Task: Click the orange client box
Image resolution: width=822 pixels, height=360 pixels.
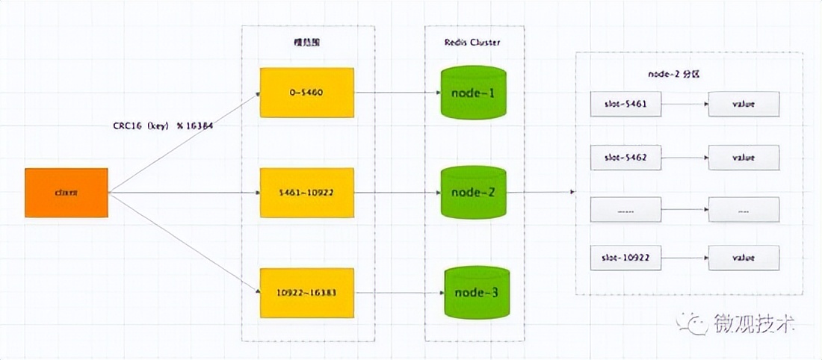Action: (67, 193)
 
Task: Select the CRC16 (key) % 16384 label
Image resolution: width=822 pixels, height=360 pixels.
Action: (163, 125)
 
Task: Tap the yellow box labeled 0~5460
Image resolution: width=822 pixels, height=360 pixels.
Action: (306, 93)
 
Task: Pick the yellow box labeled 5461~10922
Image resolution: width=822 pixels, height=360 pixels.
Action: (306, 193)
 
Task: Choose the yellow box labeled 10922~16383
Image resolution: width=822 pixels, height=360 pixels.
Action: (306, 291)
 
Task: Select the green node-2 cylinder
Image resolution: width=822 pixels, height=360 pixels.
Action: (473, 193)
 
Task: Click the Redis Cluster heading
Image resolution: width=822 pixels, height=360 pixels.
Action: (473, 43)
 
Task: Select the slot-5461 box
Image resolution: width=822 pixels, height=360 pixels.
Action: (625, 105)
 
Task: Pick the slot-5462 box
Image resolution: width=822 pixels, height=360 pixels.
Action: (625, 158)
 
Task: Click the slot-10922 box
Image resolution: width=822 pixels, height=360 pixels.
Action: (625, 258)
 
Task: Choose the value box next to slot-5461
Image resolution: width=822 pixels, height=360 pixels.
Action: (744, 105)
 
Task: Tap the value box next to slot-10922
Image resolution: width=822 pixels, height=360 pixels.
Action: (744, 258)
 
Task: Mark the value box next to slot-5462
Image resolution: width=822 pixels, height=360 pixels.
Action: (744, 158)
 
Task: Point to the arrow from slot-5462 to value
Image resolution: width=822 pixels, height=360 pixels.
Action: (685, 158)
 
